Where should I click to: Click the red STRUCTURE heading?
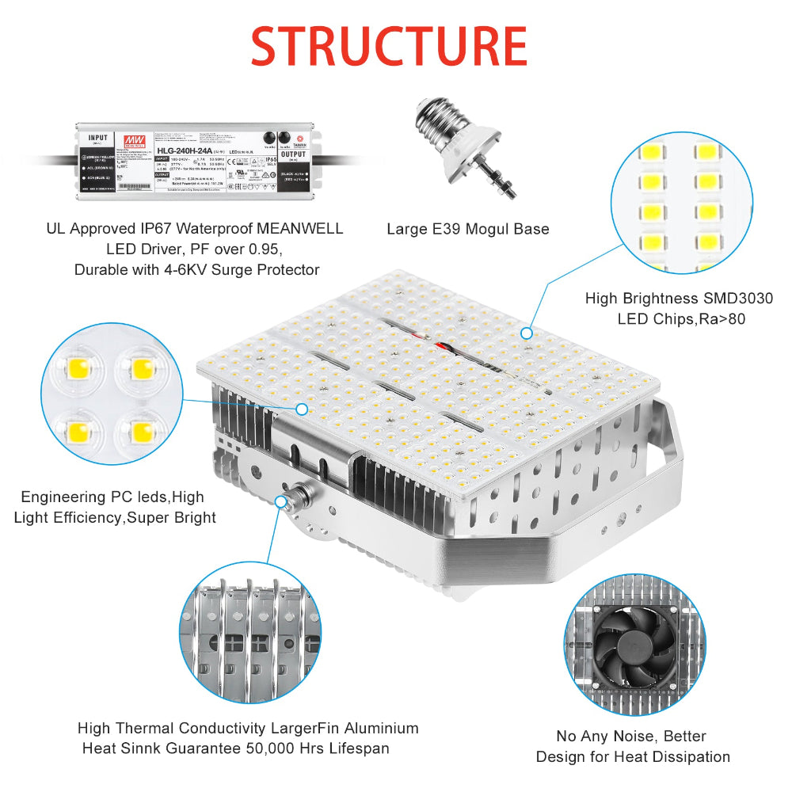point(389,47)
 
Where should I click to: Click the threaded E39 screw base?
point(435,120)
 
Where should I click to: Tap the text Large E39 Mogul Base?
point(467,230)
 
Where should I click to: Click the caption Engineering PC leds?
point(93,497)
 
